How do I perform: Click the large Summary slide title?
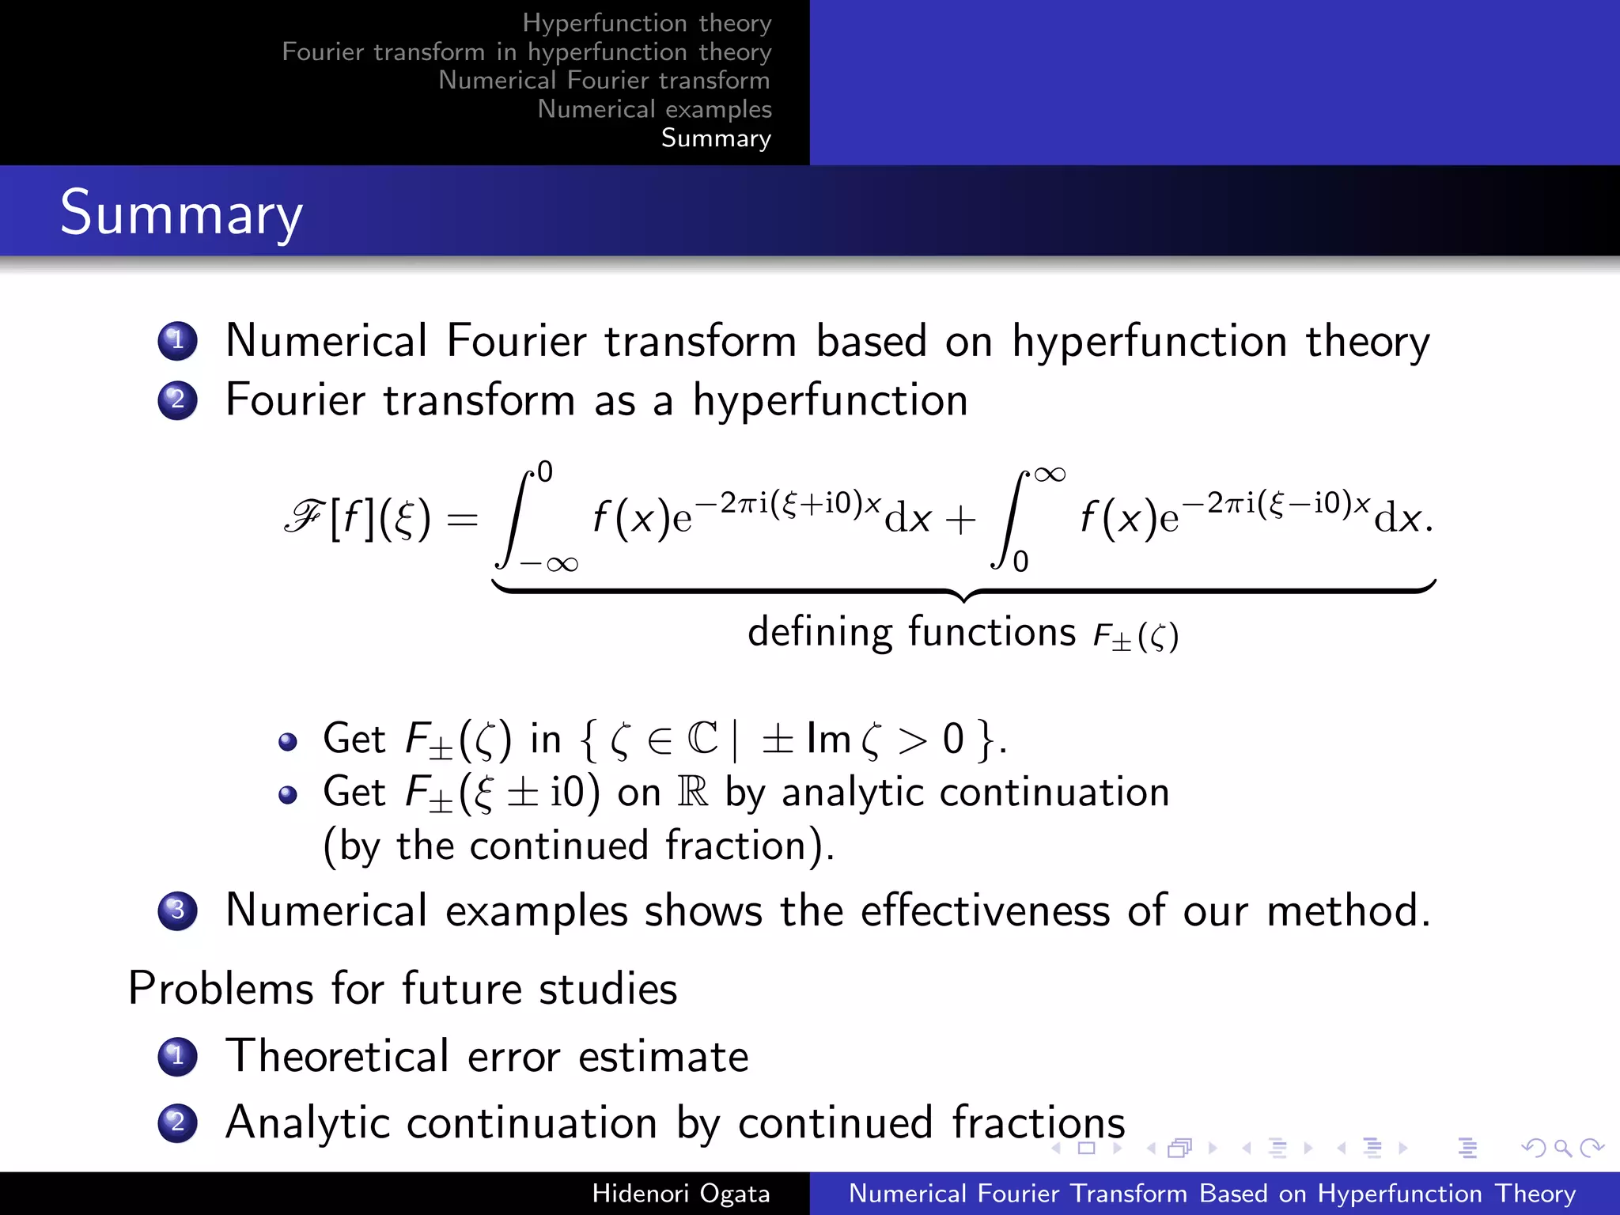tap(181, 214)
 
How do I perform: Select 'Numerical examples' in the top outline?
tap(654, 109)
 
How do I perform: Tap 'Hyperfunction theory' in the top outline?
tap(646, 23)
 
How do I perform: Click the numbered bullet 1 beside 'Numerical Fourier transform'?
tap(177, 341)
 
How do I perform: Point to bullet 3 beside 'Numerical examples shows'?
tap(177, 910)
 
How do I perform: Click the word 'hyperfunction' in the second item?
tap(830, 400)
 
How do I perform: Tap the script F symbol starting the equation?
tap(303, 517)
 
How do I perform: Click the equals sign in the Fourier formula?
tap(463, 520)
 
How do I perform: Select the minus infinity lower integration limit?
tap(549, 564)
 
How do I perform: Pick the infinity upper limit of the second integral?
tap(1050, 475)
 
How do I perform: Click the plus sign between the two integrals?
tap(960, 520)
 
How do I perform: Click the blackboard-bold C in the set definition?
tap(702, 739)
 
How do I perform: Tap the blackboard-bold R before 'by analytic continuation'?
tap(693, 792)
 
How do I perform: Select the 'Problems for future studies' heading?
tap(403, 989)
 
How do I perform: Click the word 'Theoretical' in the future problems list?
tap(338, 1056)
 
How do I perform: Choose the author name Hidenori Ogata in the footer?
tap(680, 1193)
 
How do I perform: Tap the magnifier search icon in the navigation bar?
tap(1562, 1148)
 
